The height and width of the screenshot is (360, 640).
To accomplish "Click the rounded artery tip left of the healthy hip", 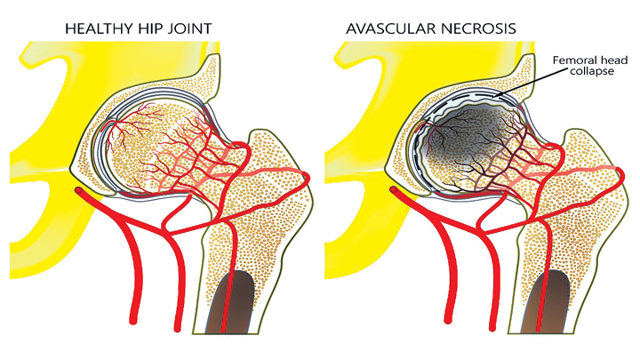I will point(81,191).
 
